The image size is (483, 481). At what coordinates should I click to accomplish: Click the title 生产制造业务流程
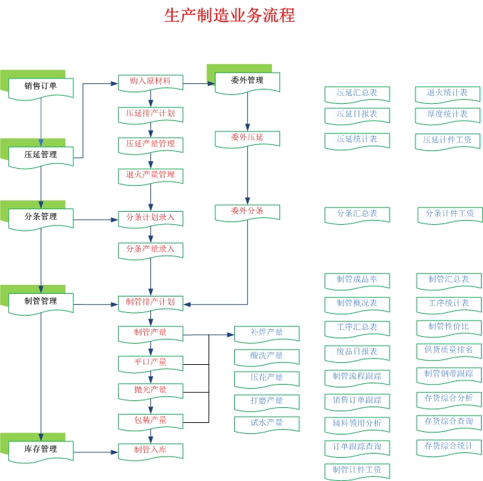230,16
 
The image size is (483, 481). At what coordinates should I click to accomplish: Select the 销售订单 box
41,86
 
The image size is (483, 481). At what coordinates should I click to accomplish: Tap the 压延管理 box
41,155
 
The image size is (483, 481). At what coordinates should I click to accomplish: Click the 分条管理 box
41,217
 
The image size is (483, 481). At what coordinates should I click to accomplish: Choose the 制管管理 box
41,301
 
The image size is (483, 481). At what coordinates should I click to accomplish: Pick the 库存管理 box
41,450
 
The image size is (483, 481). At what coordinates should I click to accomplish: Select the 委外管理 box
247,81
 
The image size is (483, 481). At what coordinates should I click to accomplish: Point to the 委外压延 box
247,138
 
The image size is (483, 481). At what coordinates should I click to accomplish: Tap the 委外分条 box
247,211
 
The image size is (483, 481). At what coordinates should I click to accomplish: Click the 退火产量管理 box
150,176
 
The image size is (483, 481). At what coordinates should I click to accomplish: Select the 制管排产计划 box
150,302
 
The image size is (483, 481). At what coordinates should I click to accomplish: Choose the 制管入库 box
150,450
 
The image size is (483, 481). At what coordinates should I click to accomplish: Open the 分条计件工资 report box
450,214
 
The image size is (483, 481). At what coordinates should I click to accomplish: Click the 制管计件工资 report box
357,470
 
